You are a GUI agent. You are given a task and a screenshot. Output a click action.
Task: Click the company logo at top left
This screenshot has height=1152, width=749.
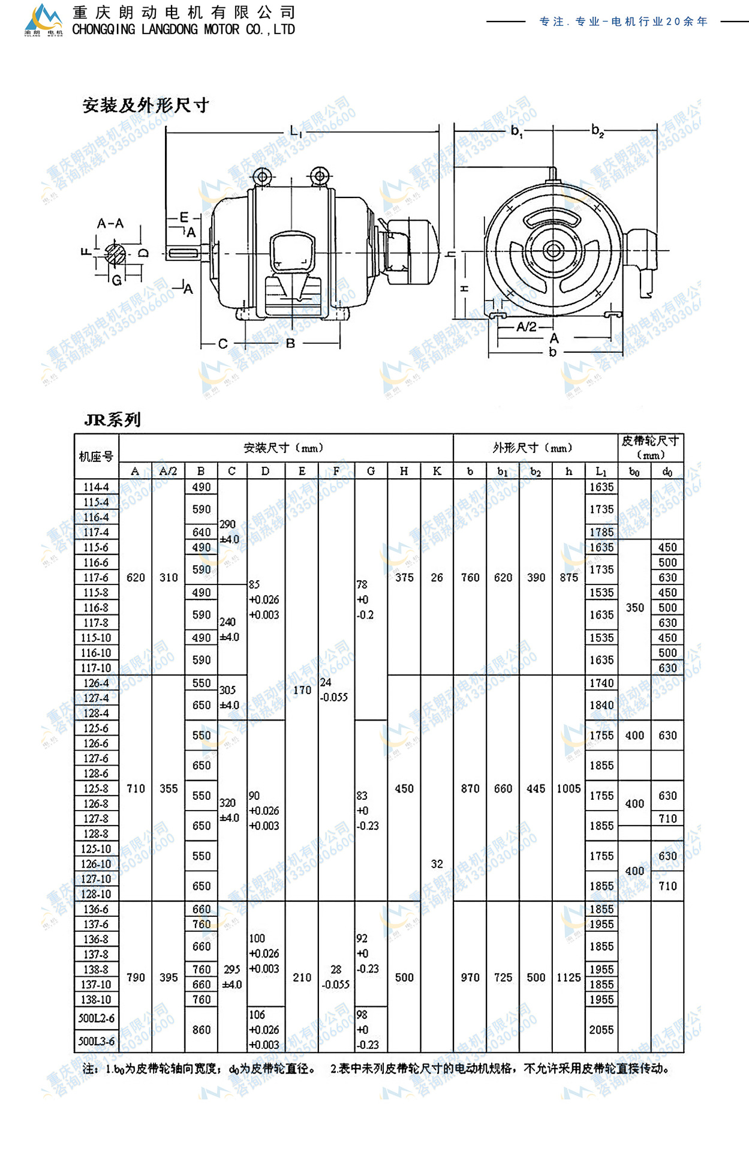tap(43, 20)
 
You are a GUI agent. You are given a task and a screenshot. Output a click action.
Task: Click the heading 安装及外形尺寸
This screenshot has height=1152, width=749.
tap(146, 106)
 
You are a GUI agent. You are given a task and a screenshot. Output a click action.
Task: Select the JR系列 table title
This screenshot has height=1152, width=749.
tap(113, 419)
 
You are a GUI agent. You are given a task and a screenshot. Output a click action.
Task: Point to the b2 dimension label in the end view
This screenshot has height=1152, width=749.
tap(597, 130)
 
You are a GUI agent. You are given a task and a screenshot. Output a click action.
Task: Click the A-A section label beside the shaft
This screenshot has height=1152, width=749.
tap(110, 224)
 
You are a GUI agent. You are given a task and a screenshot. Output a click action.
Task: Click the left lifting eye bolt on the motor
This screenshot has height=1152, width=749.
tap(262, 177)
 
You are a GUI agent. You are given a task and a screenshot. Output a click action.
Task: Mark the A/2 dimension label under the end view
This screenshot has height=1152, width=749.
tap(527, 326)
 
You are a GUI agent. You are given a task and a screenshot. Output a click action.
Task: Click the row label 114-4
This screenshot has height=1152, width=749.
tap(96, 487)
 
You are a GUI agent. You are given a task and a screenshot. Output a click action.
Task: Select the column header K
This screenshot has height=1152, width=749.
tap(437, 471)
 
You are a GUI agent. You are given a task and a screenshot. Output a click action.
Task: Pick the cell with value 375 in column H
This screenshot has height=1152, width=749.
tap(404, 577)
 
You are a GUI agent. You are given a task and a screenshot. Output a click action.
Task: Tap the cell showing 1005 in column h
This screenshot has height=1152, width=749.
tap(568, 788)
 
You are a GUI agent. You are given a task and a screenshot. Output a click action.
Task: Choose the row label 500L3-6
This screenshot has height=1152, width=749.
tap(96, 1041)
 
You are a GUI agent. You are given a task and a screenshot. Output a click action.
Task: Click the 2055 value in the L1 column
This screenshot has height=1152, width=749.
tap(601, 1030)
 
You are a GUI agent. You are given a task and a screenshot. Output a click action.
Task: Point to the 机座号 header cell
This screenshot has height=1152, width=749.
tap(96, 457)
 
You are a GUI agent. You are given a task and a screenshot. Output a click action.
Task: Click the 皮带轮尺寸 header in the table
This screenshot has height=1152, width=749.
tap(650, 441)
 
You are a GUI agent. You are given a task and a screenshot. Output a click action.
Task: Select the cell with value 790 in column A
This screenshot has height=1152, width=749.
tap(136, 977)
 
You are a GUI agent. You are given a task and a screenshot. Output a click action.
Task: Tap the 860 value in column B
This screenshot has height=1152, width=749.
tap(201, 1030)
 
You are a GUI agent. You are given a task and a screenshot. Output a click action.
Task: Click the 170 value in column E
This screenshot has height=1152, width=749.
tap(302, 690)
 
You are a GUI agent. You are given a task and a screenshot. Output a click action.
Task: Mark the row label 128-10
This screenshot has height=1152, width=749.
tap(96, 894)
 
